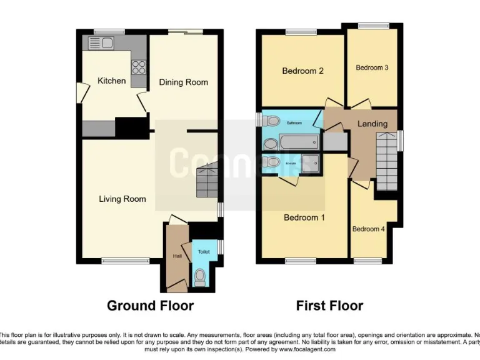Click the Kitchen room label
coord(111,81)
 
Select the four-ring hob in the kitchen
coord(139,67)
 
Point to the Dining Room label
coord(183,82)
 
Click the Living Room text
coord(122,199)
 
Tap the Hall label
coord(177,255)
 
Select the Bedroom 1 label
coord(304,217)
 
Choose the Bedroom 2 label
coord(302,71)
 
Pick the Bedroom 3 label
coord(372,67)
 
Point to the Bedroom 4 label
coord(369,229)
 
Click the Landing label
coord(372,124)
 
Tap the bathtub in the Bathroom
coord(299,144)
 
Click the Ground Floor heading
coord(150,306)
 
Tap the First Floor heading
coord(329,306)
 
